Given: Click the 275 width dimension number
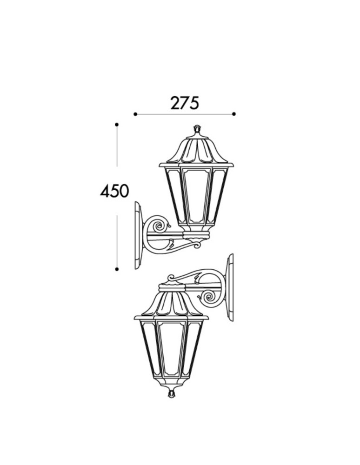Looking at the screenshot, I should [x=184, y=103].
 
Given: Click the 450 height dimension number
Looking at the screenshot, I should [x=114, y=191].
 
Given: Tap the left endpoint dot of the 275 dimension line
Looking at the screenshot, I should [x=135, y=114].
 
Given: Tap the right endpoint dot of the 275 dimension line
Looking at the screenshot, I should [x=234, y=114].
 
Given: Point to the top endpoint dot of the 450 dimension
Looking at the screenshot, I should [x=117, y=125].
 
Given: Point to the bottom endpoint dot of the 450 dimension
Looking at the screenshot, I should [x=117, y=269].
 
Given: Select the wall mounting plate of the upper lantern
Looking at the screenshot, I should [x=138, y=235].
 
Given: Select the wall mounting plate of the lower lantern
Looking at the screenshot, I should [x=230, y=287].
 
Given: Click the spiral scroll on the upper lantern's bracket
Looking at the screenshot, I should [x=159, y=226].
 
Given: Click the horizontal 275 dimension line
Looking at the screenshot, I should [x=184, y=114].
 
